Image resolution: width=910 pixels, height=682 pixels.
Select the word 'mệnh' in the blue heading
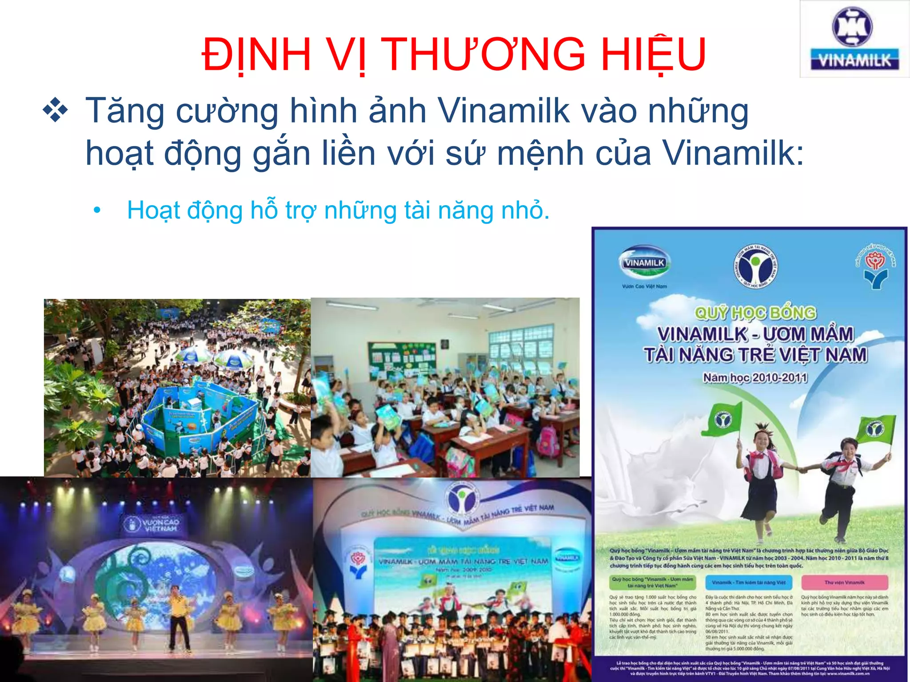tap(539, 154)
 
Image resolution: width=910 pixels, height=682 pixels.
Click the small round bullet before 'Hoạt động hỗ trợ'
tap(97, 211)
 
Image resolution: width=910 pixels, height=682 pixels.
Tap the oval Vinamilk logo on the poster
tap(644, 263)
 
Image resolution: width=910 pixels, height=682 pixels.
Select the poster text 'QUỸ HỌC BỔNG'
tap(755, 313)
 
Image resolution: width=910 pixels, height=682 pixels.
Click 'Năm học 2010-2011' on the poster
tap(755, 378)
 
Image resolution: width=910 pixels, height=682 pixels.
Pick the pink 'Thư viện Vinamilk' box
tap(844, 582)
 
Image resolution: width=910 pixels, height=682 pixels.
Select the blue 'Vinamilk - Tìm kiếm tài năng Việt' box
tap(748, 582)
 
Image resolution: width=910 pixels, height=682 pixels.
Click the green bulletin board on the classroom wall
tap(402, 360)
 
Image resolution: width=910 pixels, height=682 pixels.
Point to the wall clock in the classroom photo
tap(445, 344)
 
